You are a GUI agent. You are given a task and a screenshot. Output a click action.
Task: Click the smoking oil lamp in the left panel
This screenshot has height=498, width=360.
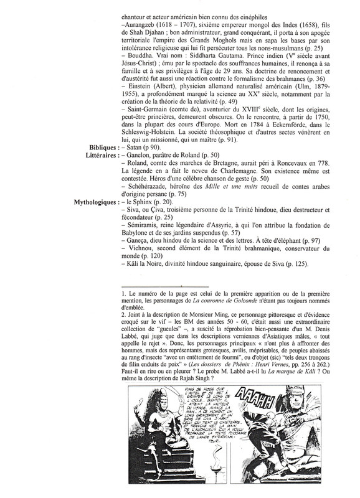coord(153,474)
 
